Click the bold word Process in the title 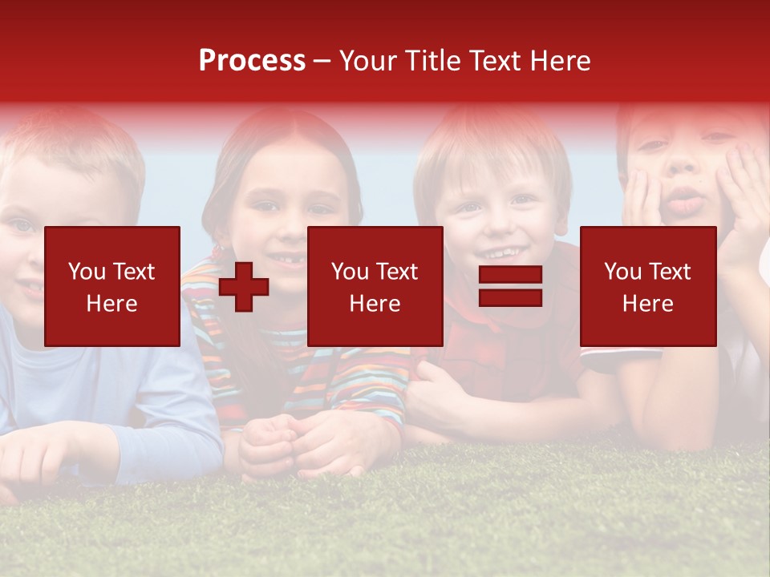[252, 61]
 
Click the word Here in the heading [559, 61]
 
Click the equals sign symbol [510, 286]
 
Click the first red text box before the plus [112, 286]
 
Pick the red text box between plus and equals [375, 286]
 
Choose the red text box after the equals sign [648, 286]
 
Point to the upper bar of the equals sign [510, 276]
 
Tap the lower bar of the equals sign [510, 297]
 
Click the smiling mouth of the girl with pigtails [285, 260]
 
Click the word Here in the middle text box [375, 304]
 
